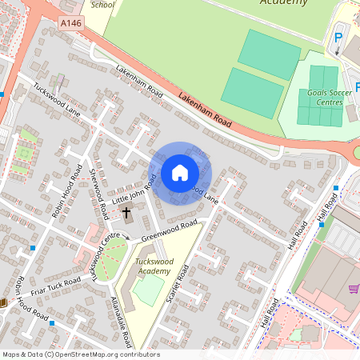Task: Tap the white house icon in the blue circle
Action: [x=180, y=173]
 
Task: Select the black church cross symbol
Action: [x=126, y=213]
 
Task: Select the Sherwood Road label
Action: [x=98, y=194]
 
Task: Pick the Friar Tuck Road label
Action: [x=56, y=288]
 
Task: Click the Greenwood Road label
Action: [x=169, y=232]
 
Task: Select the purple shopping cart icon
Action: [x=354, y=289]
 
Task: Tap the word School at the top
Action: [x=103, y=4]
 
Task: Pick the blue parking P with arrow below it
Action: [x=338, y=39]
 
